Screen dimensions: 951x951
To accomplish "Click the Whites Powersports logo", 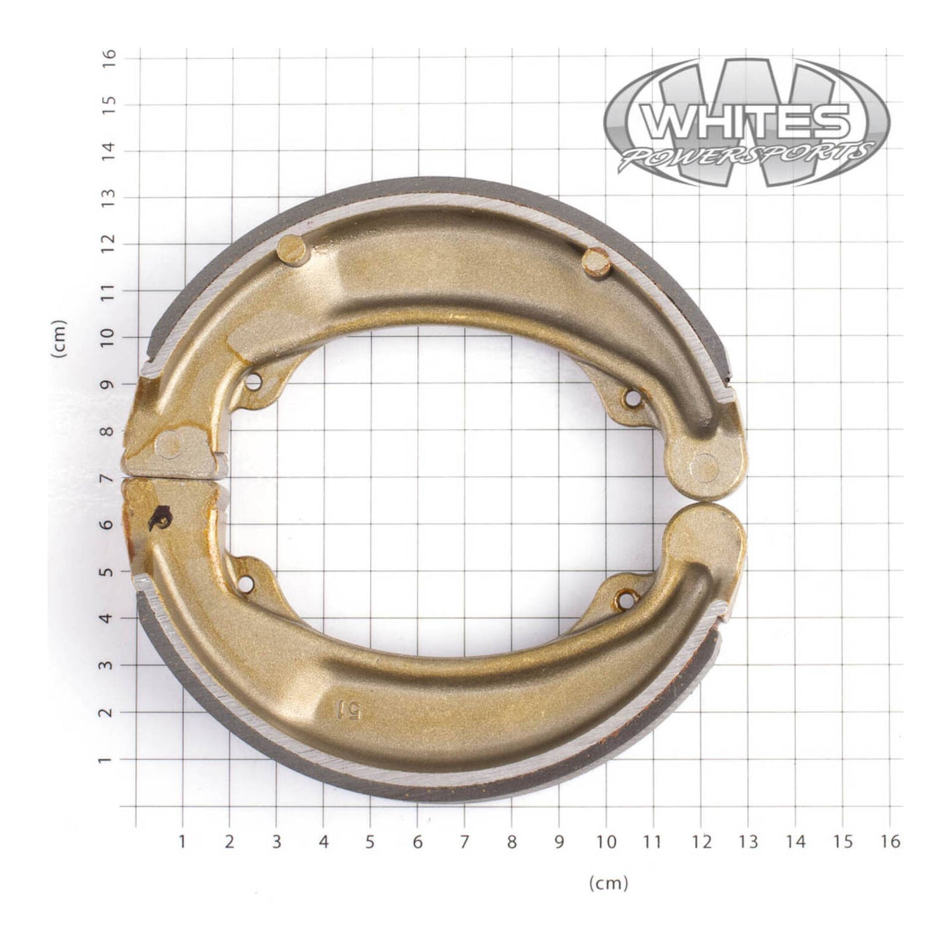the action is [746, 122].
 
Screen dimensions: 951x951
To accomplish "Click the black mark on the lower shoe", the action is [158, 518].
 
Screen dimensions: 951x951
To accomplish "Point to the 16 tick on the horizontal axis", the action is [890, 841].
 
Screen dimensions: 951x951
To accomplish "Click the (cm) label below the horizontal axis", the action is [608, 883].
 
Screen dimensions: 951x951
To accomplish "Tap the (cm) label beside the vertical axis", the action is [61, 339].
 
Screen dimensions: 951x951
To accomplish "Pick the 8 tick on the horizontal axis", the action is [512, 841].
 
